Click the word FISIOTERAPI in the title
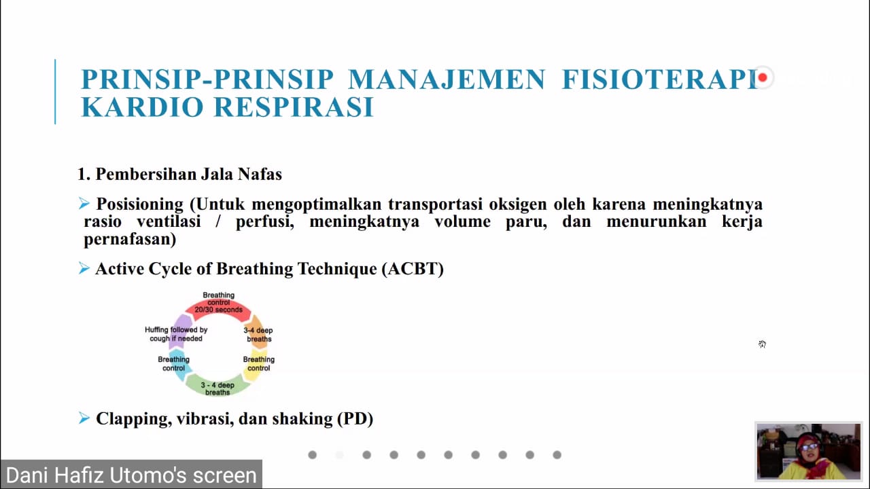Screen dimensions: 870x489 tap(659, 79)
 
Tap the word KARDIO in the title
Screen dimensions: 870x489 tap(142, 107)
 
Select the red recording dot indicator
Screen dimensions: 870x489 tap(763, 77)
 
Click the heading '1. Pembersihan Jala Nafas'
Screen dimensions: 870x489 tap(180, 174)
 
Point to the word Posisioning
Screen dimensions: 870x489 tap(140, 204)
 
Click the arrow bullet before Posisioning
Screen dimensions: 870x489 tap(84, 203)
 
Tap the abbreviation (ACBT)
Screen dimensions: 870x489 tap(413, 268)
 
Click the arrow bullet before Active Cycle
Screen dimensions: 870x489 tap(84, 268)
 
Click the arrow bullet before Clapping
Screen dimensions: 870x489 tap(84, 418)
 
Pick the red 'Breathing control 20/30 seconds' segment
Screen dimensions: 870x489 tap(218, 308)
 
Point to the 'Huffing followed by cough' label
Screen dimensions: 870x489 tap(176, 334)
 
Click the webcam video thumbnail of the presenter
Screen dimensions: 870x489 tap(809, 452)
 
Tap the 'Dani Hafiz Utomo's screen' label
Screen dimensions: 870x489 tap(131, 475)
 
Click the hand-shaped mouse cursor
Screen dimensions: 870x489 tap(762, 344)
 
